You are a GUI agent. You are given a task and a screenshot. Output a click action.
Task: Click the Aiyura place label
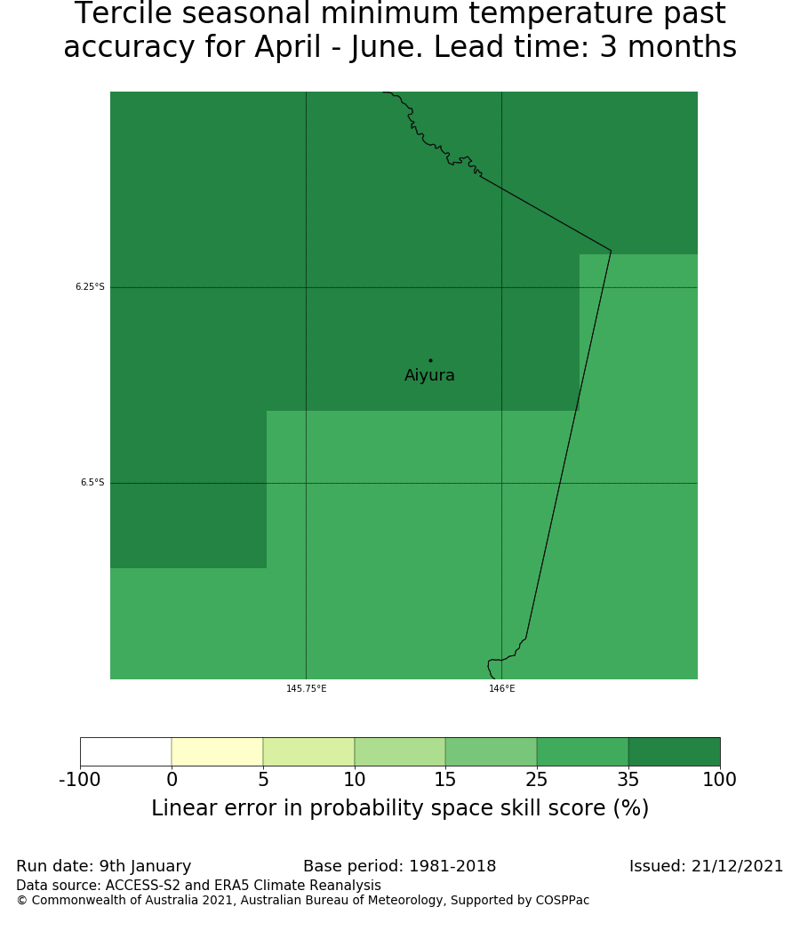(429, 376)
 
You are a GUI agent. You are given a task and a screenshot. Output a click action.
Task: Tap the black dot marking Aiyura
(430, 360)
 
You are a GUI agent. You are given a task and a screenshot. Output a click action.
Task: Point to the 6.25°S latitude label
(90, 287)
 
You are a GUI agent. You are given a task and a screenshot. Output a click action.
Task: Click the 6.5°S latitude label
(92, 483)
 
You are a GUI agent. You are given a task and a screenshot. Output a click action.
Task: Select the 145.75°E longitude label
(306, 689)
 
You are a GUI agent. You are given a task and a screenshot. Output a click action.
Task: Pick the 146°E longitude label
(501, 689)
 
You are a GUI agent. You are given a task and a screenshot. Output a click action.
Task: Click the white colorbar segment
(125, 751)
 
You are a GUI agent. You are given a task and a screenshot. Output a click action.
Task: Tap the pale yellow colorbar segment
(217, 751)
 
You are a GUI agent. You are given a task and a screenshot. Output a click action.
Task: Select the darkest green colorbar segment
(674, 751)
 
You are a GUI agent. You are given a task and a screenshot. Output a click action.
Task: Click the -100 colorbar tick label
(80, 781)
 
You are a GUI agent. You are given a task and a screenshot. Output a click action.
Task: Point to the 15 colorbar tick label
(445, 781)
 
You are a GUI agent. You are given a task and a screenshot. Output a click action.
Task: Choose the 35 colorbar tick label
(628, 781)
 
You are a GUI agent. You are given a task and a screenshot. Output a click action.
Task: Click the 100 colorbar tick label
(719, 781)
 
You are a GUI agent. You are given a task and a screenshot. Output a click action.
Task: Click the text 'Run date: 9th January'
(103, 866)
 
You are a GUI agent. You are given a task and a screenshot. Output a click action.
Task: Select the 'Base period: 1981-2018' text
(399, 866)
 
